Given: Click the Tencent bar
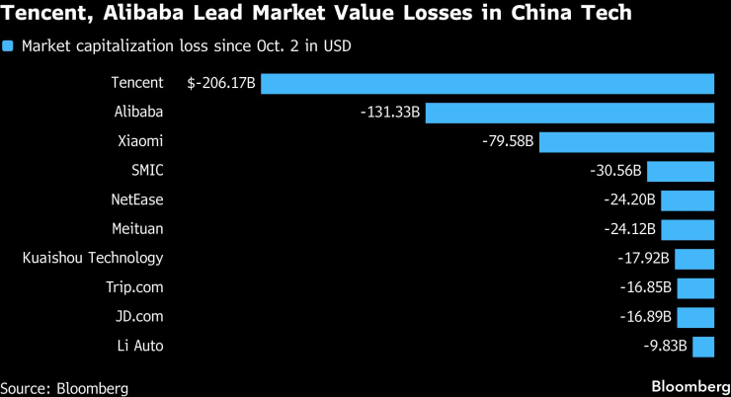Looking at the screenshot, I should tap(487, 84).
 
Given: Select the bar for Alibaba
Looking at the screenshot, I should tap(569, 113).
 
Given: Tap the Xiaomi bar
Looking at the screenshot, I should tap(626, 142).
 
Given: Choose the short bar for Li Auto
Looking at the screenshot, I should tap(703, 346).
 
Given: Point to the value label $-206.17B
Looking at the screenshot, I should tap(222, 84).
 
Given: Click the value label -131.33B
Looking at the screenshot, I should tap(390, 113).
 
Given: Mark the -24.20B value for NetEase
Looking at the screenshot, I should tap(629, 200).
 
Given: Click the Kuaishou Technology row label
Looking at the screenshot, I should tap(93, 259).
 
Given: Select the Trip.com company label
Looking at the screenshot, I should tap(134, 287).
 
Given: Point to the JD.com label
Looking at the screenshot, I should tap(139, 317).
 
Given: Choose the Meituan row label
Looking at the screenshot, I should tap(137, 229).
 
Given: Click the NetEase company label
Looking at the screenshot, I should tap(137, 200).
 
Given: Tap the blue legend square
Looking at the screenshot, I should tap(9, 45).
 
